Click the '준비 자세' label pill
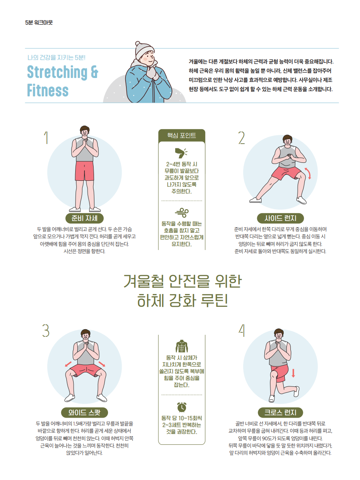(84, 218)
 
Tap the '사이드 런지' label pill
(280, 218)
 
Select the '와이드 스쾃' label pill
(84, 412)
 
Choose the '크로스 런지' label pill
(280, 412)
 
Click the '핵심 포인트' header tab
(182, 135)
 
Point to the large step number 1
(46, 138)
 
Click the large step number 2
(241, 138)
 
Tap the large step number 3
(46, 330)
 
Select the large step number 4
(242, 330)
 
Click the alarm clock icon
(182, 407)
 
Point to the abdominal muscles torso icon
(182, 346)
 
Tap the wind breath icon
(182, 212)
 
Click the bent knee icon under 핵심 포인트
(181, 153)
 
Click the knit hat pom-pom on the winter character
(138, 43)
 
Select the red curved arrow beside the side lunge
(308, 174)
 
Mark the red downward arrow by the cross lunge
(293, 373)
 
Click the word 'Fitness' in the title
(48, 90)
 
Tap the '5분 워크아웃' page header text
(39, 22)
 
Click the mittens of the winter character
(152, 73)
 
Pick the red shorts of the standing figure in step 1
(84, 171)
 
